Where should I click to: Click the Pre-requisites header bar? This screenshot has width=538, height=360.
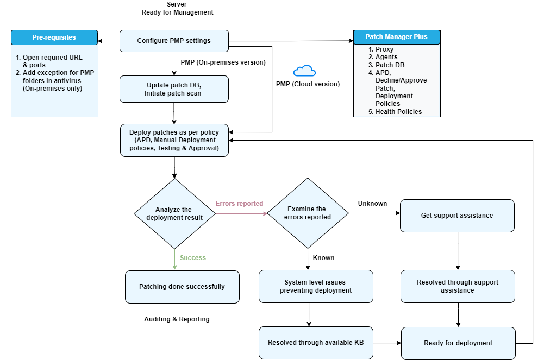(54, 37)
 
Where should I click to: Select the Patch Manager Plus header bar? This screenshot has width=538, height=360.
(396, 37)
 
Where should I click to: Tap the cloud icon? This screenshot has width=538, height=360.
(304, 71)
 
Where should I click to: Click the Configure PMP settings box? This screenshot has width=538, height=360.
(174, 41)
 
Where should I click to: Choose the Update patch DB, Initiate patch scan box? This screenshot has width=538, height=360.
(174, 89)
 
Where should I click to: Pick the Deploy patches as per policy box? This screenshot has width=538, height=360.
(174, 140)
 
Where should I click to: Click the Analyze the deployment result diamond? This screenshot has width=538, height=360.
(174, 213)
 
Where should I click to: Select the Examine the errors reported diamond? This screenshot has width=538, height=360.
(308, 213)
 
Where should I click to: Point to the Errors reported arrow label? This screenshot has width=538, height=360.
(239, 204)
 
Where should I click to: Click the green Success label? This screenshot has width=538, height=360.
(193, 258)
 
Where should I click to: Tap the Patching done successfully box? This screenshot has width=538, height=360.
(182, 287)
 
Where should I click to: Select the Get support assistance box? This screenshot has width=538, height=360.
(457, 216)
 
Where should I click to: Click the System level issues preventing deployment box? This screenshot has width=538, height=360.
(316, 286)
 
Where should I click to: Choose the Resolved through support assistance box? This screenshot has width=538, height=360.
(458, 286)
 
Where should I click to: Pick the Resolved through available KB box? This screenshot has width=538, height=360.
(316, 343)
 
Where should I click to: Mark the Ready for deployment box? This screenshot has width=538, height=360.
(458, 343)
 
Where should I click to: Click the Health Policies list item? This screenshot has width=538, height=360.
(398, 112)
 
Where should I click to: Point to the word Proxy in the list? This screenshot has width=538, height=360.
(385, 49)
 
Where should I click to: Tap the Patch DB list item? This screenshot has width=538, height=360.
(390, 65)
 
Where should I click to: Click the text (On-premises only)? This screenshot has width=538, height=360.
(53, 89)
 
